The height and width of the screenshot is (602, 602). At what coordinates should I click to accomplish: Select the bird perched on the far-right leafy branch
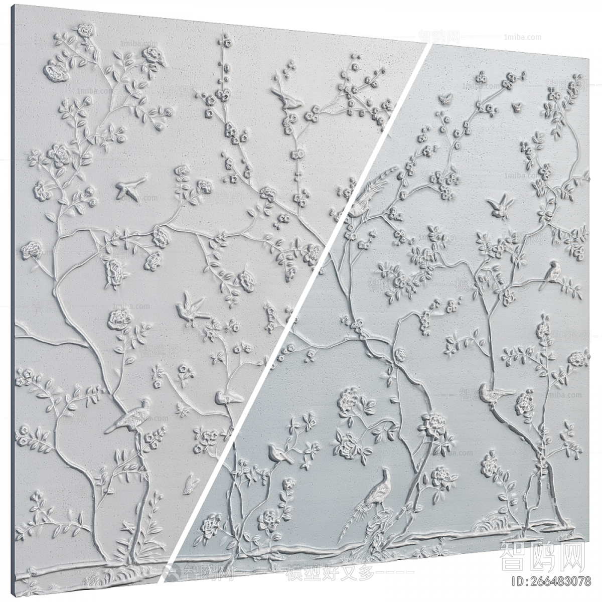(x=554, y=272)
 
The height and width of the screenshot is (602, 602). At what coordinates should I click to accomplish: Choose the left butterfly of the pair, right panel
(x=443, y=99)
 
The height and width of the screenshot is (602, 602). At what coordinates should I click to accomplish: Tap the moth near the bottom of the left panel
(x=191, y=485)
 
